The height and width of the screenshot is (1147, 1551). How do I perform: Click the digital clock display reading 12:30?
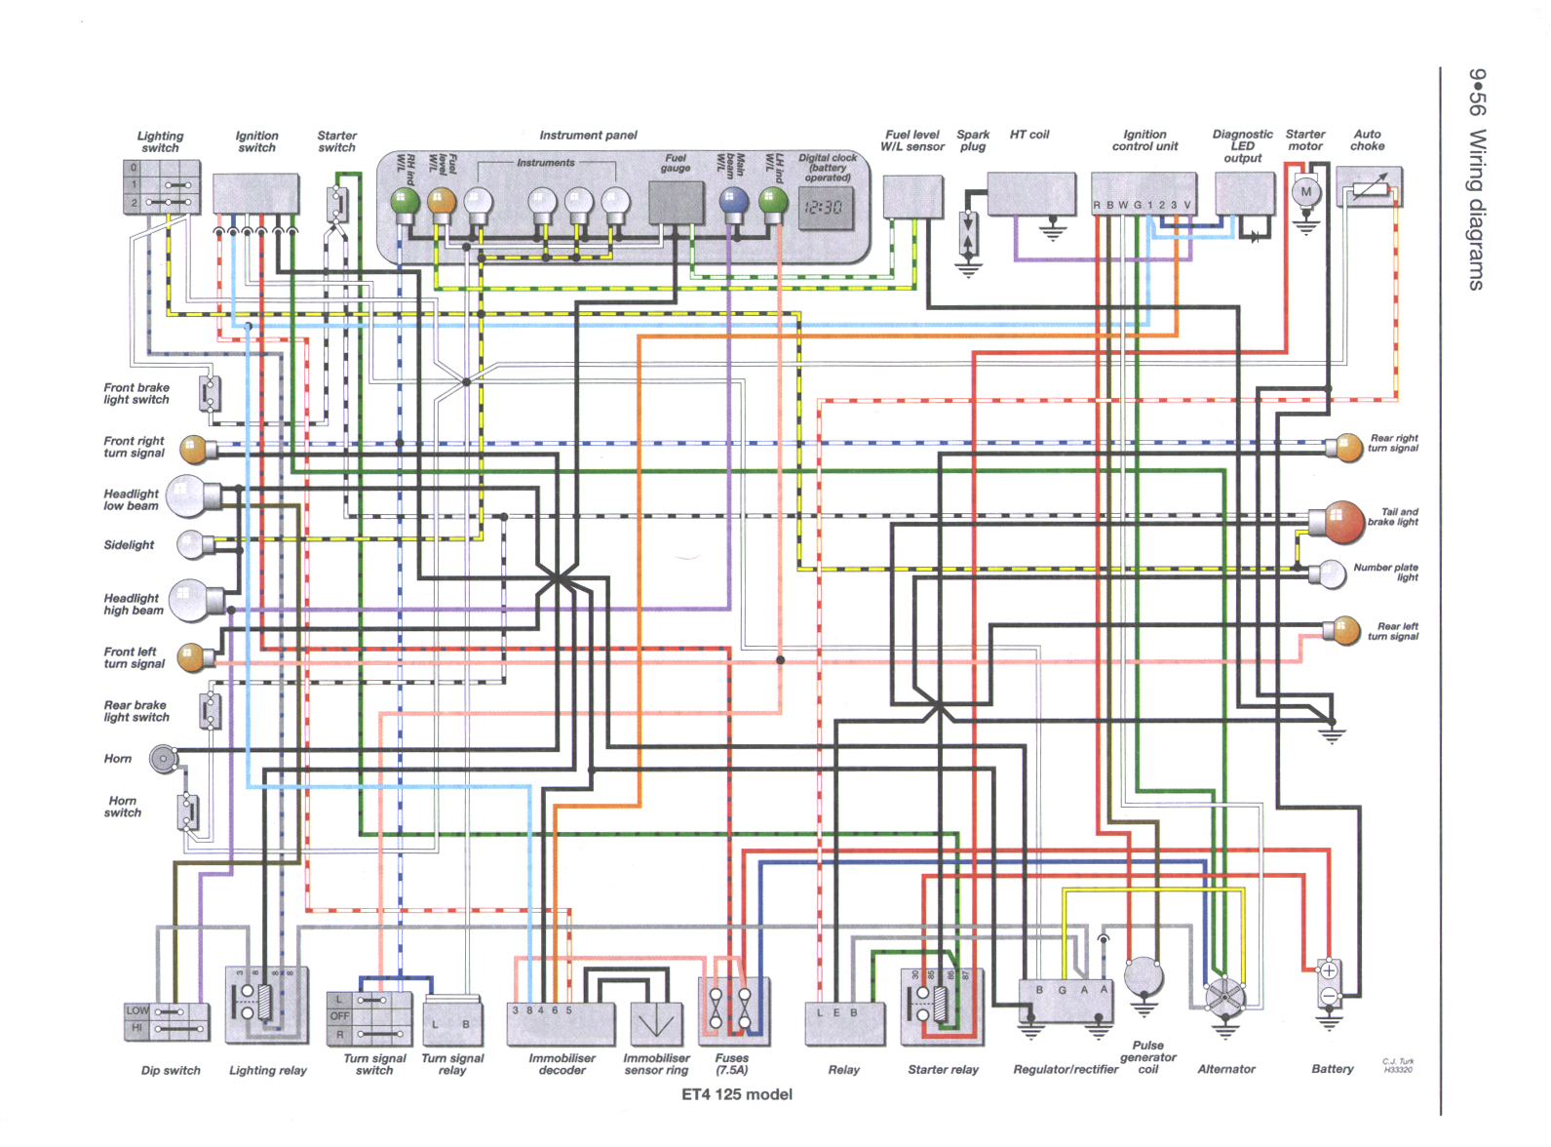(825, 208)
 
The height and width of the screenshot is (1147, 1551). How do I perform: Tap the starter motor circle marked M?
(1306, 192)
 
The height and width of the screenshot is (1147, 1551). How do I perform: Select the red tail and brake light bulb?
(1342, 522)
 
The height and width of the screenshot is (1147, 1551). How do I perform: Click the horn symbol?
(163, 758)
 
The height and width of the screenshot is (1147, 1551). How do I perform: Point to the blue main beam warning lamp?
(732, 201)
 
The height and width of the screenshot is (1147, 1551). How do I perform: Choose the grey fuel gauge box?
(676, 202)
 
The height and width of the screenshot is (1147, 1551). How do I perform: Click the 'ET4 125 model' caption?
(736, 1094)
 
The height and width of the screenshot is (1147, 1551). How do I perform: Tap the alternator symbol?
(1224, 997)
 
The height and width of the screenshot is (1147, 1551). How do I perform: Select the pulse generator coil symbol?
(1144, 975)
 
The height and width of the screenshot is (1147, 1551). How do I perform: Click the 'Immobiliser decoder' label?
(562, 1064)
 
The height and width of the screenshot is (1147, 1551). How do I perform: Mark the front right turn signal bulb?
(194, 450)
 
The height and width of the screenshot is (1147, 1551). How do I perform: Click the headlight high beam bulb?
(189, 601)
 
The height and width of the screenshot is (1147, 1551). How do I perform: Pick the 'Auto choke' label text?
(1367, 140)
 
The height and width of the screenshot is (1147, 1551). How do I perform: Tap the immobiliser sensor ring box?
(656, 1024)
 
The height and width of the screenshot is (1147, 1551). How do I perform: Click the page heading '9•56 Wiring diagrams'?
(1477, 179)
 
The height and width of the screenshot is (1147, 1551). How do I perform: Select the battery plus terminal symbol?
(1328, 971)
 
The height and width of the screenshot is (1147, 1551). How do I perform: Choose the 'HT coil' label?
(1029, 135)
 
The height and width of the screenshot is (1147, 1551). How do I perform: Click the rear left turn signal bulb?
(1346, 630)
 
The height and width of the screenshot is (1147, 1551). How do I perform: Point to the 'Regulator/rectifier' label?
(1066, 1070)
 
